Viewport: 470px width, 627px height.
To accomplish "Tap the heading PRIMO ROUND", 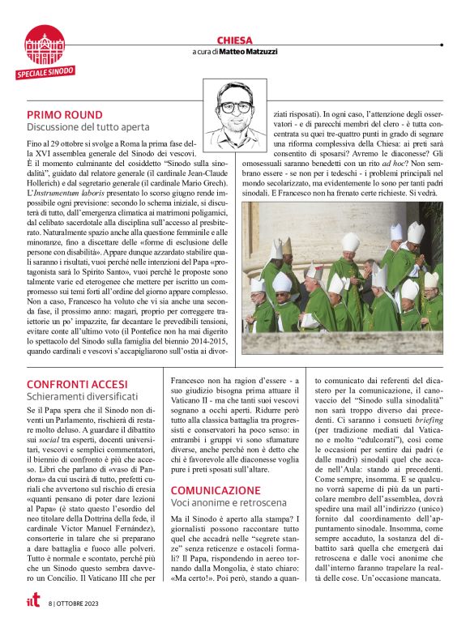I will pos(64,114).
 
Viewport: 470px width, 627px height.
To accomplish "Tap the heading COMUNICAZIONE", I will pos(216,490).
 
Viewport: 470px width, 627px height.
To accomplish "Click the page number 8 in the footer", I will pos(50,603).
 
